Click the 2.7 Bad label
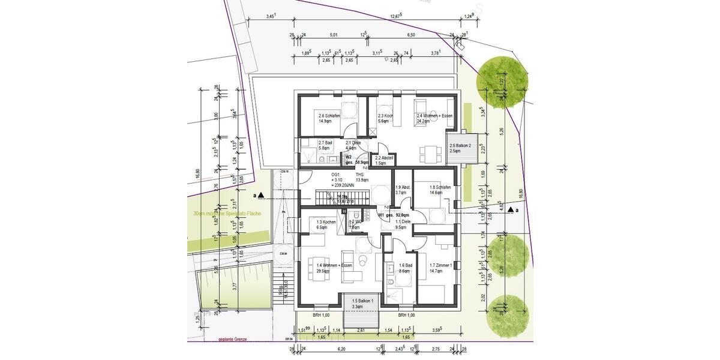click(325, 145)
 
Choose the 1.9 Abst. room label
click(402, 190)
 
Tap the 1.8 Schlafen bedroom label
click(440, 190)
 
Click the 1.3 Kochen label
click(326, 224)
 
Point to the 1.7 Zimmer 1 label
click(436, 268)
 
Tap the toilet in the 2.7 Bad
click(322, 160)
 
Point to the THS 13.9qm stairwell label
click(362, 177)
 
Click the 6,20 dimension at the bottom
click(342, 349)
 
